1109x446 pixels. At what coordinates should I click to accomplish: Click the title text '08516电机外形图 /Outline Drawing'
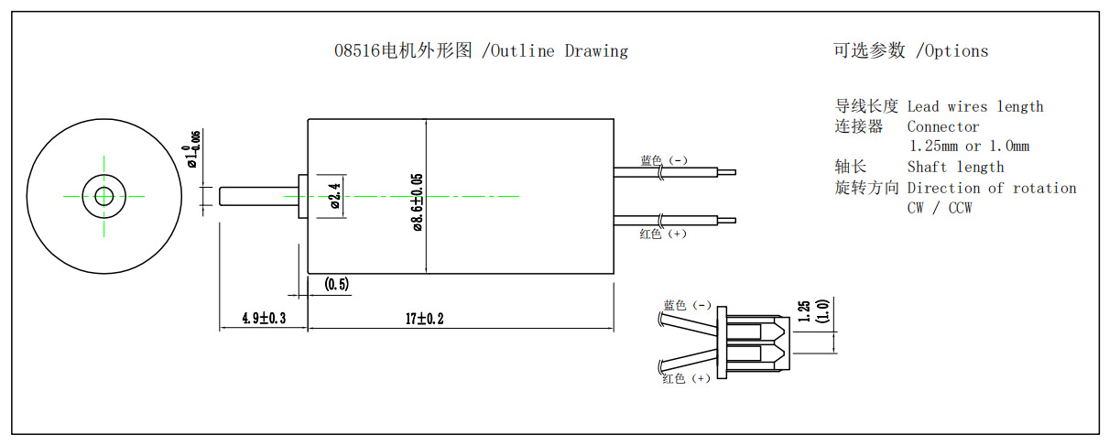coord(481,51)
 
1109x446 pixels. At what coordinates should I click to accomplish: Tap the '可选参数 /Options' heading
coord(910,51)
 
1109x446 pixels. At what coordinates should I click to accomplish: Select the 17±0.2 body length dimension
coord(425,319)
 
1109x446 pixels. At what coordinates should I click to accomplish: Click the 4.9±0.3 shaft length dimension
coord(264,319)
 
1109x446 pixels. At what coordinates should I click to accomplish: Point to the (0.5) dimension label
coord(337,285)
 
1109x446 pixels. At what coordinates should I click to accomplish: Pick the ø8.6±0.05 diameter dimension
coord(417,202)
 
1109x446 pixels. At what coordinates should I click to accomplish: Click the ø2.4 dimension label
coord(334,196)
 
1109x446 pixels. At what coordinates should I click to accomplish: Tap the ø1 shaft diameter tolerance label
coord(192,149)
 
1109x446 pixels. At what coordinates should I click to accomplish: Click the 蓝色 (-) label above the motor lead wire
coord(663,160)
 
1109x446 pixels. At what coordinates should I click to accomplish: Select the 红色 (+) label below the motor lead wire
coord(662,234)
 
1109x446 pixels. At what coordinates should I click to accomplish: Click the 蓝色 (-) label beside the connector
coord(687,305)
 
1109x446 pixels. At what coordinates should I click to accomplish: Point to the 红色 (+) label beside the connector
coord(686,378)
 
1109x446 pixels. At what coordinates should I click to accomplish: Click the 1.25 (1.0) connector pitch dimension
coord(812,311)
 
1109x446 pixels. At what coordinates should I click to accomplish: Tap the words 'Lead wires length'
coord(974,107)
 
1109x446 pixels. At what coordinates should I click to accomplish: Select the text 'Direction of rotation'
coord(991,188)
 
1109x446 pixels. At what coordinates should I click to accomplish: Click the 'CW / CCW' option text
coord(939,208)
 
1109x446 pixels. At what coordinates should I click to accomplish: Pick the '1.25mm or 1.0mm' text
coord(968,147)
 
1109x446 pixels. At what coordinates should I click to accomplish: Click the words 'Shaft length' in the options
coord(955,167)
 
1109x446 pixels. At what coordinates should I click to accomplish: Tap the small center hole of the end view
coord(103,195)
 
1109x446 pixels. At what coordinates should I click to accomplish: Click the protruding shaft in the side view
coord(258,196)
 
